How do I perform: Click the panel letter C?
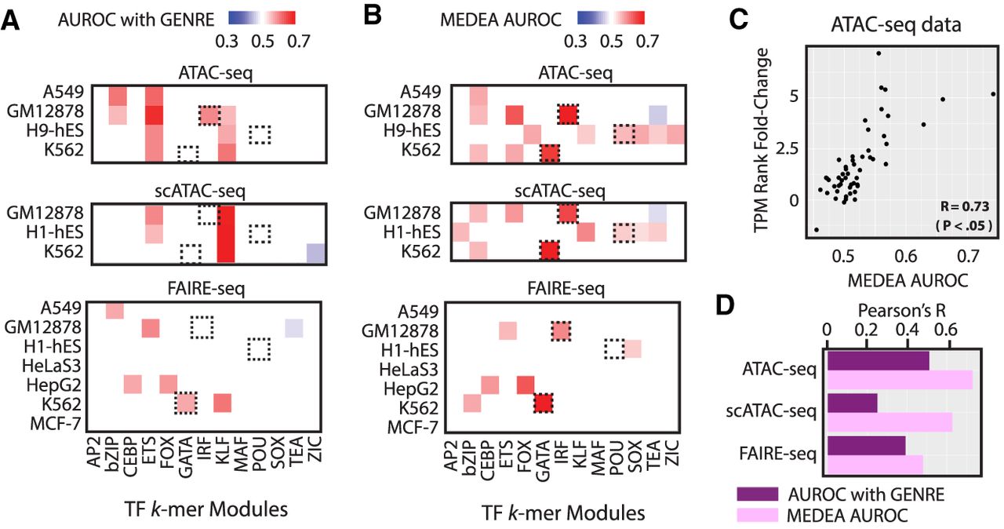pyautogui.click(x=739, y=20)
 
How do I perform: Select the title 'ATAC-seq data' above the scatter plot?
pyautogui.click(x=896, y=24)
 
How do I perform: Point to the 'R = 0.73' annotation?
pyautogui.click(x=965, y=206)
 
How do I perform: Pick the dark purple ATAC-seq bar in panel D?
pyautogui.click(x=878, y=361)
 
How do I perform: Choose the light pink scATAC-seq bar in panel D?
pyautogui.click(x=889, y=422)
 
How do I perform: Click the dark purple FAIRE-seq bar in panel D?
pyautogui.click(x=866, y=446)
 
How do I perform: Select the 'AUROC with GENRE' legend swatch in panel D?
pyautogui.click(x=757, y=494)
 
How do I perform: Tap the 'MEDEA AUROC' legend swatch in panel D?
pyautogui.click(x=757, y=515)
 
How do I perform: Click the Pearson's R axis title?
pyautogui.click(x=901, y=311)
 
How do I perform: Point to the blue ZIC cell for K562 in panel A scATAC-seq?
pyautogui.click(x=315, y=253)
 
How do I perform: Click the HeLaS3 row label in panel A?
pyautogui.click(x=52, y=366)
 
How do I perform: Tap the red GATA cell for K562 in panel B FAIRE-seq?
pyautogui.click(x=544, y=403)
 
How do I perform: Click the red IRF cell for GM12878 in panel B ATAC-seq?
pyautogui.click(x=568, y=115)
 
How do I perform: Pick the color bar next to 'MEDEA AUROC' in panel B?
pyautogui.click(x=610, y=18)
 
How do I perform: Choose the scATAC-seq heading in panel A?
pyautogui.click(x=200, y=192)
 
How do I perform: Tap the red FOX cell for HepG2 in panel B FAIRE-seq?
pyautogui.click(x=526, y=385)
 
